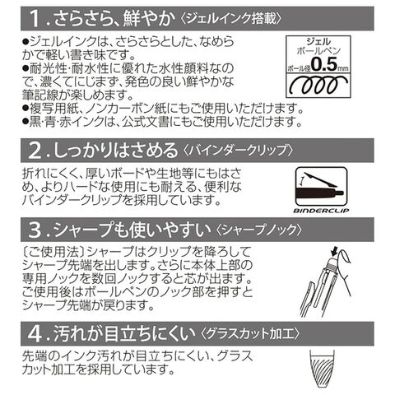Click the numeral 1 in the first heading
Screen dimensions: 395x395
35,19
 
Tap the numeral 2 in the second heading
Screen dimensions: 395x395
35,151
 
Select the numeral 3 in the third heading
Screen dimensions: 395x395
35,230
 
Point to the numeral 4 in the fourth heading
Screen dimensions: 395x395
35,333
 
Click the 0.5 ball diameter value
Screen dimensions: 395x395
323,64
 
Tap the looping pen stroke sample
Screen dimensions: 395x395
318,85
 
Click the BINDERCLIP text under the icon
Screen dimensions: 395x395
321,211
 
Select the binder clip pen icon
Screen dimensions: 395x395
321,187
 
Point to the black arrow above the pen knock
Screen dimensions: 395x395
334,250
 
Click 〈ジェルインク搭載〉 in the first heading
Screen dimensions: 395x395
231,19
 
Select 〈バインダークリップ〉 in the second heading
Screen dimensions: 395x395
238,151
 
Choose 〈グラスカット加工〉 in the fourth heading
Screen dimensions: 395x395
250,333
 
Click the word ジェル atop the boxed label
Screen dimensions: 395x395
318,41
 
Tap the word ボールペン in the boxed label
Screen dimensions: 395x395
318,51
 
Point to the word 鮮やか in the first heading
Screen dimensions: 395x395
148,19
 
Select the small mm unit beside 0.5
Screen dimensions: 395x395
342,68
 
